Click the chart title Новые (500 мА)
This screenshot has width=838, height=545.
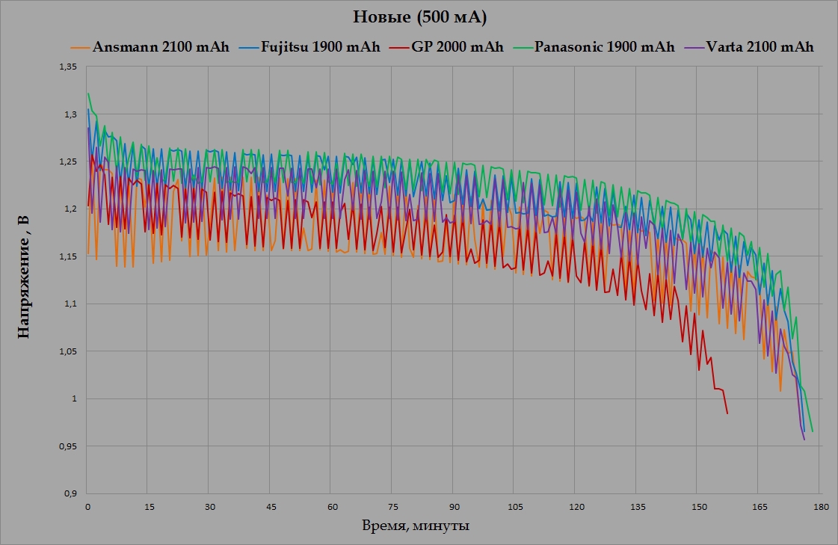point(419,17)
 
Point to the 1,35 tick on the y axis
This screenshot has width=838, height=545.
point(67,67)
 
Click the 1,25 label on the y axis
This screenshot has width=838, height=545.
point(67,162)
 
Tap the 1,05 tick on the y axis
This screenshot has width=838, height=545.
point(67,351)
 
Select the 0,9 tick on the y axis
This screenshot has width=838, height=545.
point(70,493)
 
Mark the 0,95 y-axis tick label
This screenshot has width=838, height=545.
point(67,446)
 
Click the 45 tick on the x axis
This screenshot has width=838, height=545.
point(270,508)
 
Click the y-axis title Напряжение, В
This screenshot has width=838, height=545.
point(25,277)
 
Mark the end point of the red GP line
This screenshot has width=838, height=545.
point(727,413)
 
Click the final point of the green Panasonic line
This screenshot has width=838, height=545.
point(812,431)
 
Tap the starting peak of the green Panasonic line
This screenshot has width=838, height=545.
point(88,93)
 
